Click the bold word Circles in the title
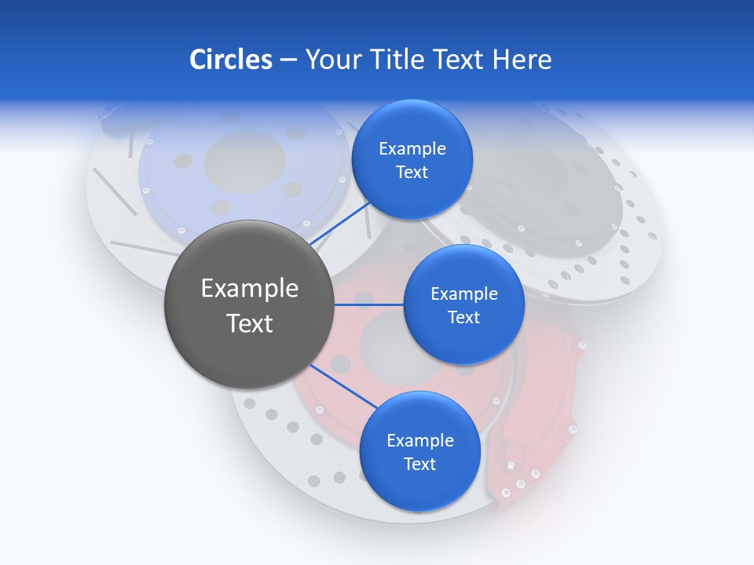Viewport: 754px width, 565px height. coord(230,60)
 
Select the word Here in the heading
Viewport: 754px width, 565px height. coord(522,60)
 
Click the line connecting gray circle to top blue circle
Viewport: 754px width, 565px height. coord(340,223)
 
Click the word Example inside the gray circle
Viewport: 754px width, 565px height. coord(250,289)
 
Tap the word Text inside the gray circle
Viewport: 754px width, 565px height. coord(250,323)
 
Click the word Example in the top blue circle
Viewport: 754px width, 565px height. coord(412,149)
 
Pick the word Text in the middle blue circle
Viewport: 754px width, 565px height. coord(463,318)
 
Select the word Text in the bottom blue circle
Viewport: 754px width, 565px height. coord(419,465)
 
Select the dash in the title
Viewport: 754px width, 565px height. coord(287,60)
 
